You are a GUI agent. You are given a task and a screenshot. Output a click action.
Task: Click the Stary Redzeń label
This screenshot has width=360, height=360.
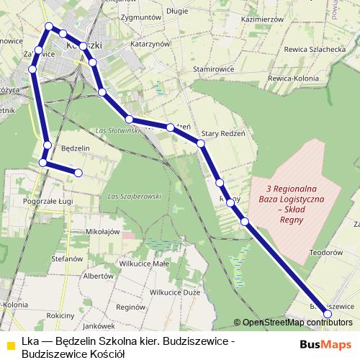[x=224, y=133]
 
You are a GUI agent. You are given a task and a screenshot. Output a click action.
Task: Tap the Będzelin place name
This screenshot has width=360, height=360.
[x=76, y=148]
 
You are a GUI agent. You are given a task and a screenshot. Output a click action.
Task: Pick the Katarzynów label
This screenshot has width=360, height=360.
[x=150, y=44]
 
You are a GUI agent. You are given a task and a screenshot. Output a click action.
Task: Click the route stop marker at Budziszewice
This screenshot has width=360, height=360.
[x=328, y=314]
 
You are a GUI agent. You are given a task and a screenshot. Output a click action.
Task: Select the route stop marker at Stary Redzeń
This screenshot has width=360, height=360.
[x=202, y=144]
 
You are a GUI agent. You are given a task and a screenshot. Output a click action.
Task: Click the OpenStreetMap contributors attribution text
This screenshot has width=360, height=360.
[x=297, y=322]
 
